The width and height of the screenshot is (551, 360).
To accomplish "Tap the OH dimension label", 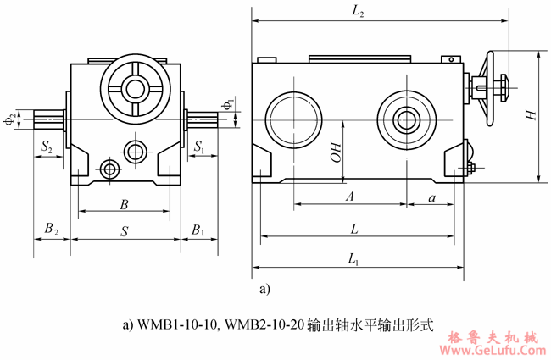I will coord(336,152).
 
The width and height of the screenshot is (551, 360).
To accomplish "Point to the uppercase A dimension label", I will coord(348,197).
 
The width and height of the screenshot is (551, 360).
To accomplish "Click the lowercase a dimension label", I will coord(433,197).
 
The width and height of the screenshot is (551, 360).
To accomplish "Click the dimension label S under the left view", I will coord(125,230).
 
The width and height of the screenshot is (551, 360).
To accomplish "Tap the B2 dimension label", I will coord(52,230).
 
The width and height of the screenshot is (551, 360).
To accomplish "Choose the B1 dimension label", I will coord(198,230).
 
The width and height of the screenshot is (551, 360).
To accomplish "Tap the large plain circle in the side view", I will coord(291,119).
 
